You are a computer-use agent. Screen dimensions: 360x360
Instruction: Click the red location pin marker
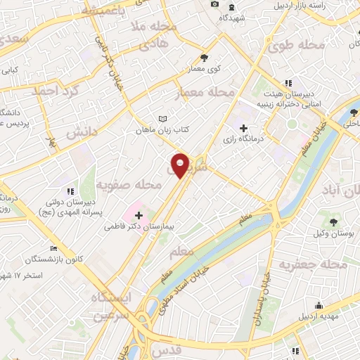(181, 165)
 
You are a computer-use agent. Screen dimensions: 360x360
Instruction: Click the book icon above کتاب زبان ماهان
(163, 118)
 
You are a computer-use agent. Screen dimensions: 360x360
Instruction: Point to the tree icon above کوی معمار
(204, 58)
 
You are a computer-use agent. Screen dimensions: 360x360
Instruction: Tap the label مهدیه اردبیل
(319, 316)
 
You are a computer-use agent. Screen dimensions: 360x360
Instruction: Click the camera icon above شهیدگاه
(214, 5)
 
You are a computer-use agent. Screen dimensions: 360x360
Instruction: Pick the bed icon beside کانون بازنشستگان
(54, 248)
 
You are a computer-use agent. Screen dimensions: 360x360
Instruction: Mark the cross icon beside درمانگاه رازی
(243, 129)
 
